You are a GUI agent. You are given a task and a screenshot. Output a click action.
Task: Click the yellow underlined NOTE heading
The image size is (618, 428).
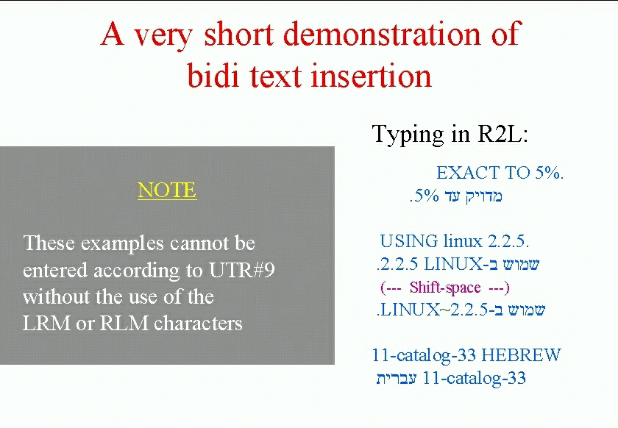167,190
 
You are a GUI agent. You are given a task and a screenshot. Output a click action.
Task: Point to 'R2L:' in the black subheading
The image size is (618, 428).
502,134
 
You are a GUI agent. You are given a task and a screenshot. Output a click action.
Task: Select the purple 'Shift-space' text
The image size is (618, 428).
445,288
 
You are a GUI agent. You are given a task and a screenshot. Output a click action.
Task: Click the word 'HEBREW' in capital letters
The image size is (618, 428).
521,354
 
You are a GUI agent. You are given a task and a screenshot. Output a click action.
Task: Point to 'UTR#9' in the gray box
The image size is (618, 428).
241,271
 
